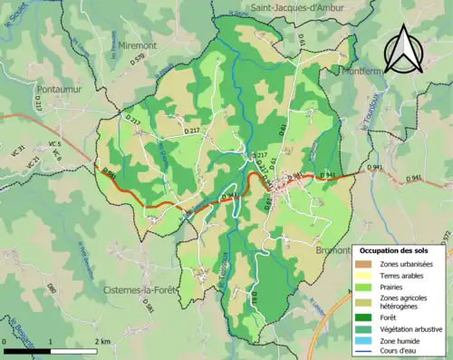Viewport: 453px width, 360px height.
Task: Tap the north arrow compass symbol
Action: (401, 48)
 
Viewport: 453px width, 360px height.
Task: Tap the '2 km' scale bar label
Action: (101, 341)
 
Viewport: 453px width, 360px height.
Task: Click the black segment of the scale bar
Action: (26, 350)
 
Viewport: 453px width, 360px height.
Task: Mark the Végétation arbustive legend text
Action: (412, 327)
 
